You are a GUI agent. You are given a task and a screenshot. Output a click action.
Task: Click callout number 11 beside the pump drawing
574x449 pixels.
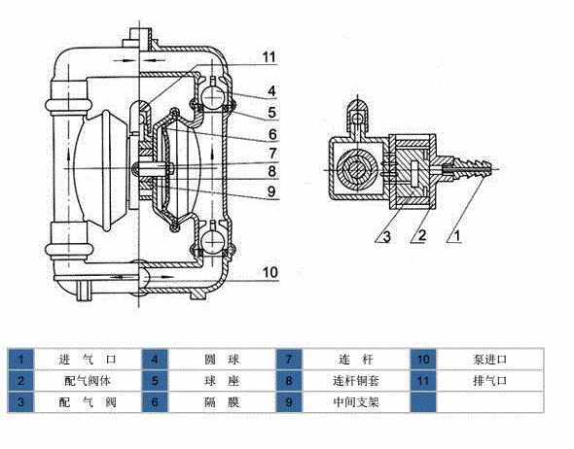tap(269, 56)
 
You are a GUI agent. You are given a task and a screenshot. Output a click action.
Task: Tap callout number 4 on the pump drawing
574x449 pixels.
tap(271, 90)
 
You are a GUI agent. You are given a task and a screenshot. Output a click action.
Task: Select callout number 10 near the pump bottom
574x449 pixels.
tap(270, 272)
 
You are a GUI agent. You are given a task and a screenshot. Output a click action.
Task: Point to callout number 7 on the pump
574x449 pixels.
tap(272, 154)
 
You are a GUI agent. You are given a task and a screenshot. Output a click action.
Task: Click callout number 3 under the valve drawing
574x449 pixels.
tap(386, 237)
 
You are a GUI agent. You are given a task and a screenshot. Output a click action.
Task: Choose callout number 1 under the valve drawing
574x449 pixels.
tap(456, 236)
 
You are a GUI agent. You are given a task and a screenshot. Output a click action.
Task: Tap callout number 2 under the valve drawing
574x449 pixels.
tap(421, 236)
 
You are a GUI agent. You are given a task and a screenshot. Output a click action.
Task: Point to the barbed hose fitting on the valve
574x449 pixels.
tap(473, 168)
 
